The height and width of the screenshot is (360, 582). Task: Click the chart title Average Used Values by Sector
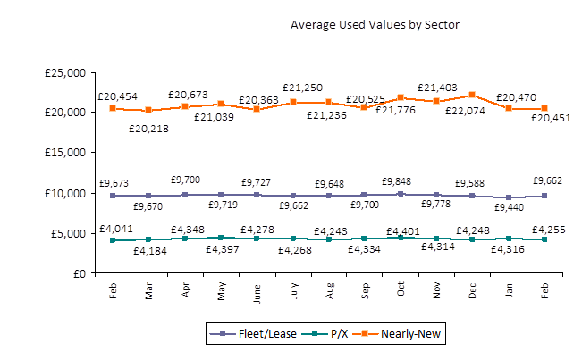(375, 24)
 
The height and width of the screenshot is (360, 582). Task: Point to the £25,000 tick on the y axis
(65, 72)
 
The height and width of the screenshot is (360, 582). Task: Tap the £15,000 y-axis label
(65, 153)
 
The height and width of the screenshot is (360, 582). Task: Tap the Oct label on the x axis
(401, 291)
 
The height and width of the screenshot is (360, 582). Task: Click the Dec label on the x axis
(473, 291)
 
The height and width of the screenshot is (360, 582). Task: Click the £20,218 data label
(148, 128)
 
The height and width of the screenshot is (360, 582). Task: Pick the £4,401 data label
(401, 230)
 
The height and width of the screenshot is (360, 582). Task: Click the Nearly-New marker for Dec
(472, 95)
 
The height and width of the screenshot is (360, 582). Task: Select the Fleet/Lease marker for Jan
(509, 197)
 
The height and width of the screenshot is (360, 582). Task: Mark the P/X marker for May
(221, 238)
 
